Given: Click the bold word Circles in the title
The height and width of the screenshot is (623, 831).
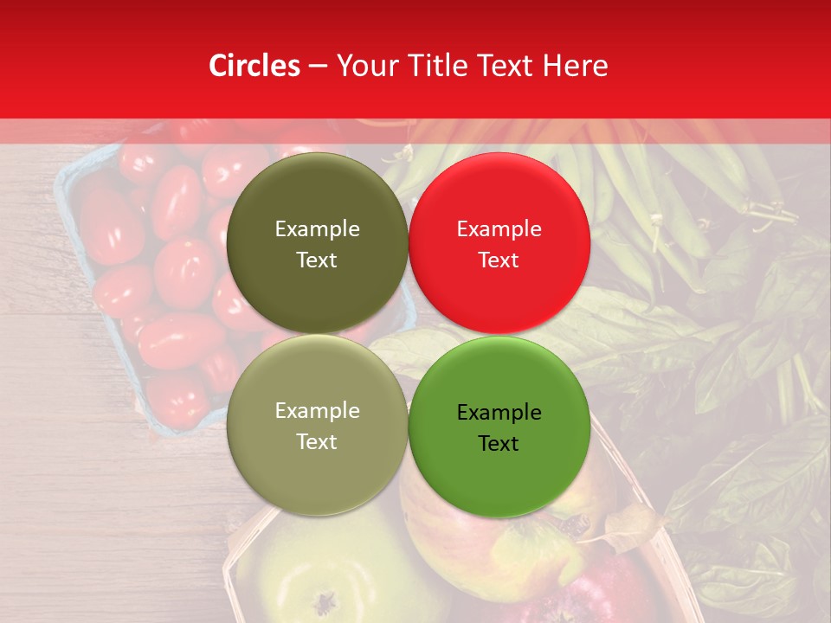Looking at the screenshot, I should [254, 66].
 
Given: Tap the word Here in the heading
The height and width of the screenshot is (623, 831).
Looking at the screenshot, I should [576, 66].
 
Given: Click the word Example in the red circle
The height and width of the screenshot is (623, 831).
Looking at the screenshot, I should [499, 229].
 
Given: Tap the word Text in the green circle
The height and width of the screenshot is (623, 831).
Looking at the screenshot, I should [499, 443].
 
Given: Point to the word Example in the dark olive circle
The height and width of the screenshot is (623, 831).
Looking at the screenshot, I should [317, 229].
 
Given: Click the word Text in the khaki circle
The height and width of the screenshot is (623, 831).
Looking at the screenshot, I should [317, 441].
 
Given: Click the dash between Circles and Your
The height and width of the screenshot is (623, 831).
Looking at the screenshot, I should [318, 66].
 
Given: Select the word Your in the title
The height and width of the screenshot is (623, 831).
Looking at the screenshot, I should [365, 66].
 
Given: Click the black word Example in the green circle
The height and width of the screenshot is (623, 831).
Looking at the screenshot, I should [499, 413].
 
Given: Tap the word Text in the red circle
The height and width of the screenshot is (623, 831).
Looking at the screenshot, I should [499, 260].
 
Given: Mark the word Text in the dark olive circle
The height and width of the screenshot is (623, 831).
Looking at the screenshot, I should [317, 260].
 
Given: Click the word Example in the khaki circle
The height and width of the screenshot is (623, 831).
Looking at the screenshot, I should [317, 411].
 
